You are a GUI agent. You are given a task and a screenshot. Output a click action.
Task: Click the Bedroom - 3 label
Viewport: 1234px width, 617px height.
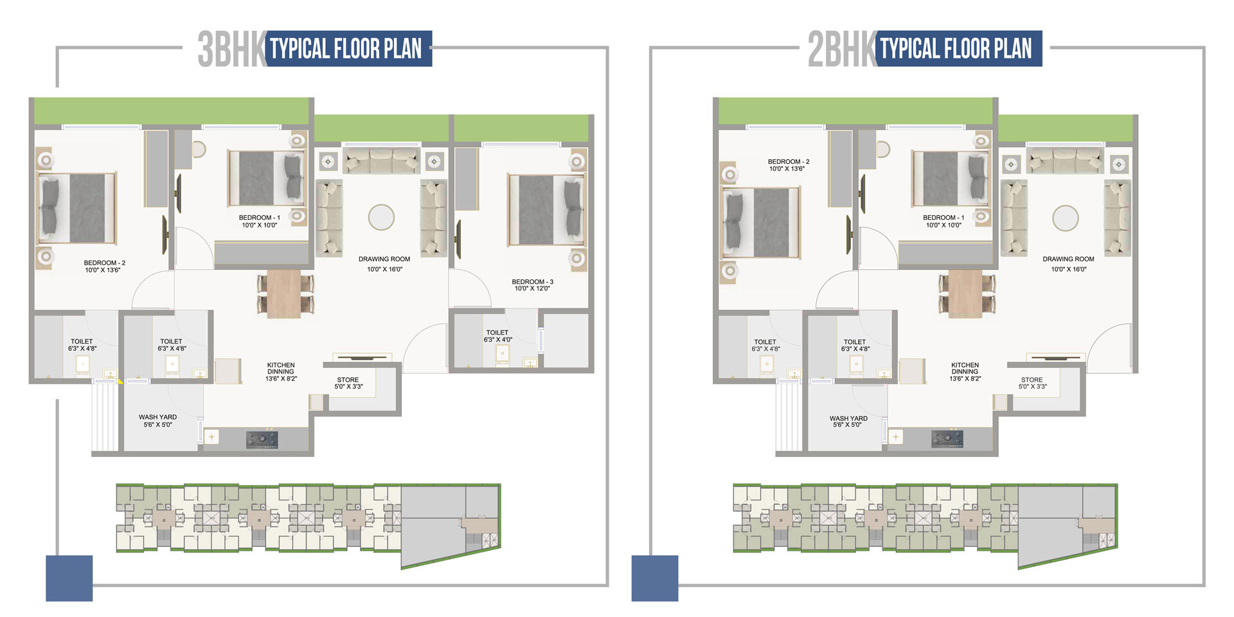pyautogui.click(x=532, y=285)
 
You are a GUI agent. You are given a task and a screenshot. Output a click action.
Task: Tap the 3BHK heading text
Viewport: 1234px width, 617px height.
pyautogui.click(x=231, y=49)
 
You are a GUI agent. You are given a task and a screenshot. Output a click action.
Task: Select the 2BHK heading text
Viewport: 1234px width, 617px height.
pyautogui.click(x=841, y=49)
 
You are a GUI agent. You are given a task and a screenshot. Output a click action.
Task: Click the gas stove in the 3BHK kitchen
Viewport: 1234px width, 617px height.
pyautogui.click(x=262, y=440)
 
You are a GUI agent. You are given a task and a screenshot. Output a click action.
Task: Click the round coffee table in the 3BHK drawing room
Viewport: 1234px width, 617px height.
pyautogui.click(x=381, y=217)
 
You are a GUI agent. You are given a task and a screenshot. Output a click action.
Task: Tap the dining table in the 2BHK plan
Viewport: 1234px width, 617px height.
pyautogui.click(x=965, y=293)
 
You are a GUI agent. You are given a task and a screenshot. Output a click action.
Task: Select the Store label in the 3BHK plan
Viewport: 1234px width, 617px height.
pyautogui.click(x=348, y=383)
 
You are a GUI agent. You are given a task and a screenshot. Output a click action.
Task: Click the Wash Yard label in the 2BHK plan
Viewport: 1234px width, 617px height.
pyautogui.click(x=848, y=421)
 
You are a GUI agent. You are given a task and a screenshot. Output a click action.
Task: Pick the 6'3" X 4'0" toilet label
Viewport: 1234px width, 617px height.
pyautogui.click(x=497, y=336)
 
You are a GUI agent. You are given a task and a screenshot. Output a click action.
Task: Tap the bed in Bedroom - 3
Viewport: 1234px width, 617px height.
pyautogui.click(x=546, y=210)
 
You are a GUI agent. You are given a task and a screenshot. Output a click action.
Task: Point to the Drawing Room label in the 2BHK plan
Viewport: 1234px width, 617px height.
pyautogui.click(x=1068, y=264)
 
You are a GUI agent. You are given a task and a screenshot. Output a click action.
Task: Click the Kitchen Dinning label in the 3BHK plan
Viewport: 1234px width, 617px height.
pyautogui.click(x=281, y=371)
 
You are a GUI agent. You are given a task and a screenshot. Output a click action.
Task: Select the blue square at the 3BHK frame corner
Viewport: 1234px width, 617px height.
pyautogui.click(x=69, y=578)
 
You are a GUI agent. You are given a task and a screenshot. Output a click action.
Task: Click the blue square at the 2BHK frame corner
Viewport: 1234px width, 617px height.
pyautogui.click(x=654, y=578)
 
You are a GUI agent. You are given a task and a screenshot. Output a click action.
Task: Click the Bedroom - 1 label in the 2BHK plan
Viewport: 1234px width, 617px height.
pyautogui.click(x=943, y=221)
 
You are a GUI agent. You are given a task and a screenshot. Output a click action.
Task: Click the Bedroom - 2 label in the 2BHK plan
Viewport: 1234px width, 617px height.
pyautogui.click(x=788, y=165)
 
